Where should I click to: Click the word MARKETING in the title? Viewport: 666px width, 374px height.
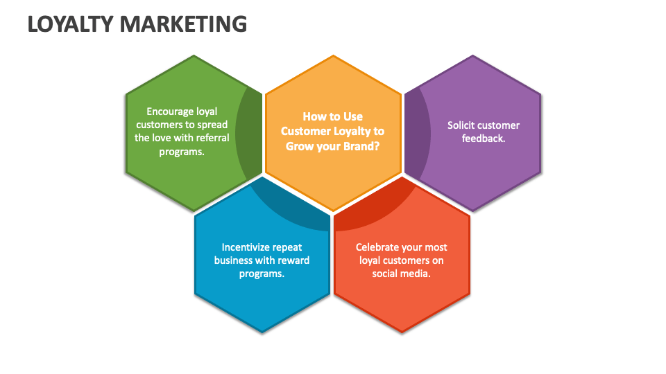(183, 24)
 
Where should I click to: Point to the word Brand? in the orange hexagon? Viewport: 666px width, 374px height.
(361, 146)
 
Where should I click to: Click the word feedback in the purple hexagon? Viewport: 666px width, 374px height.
(483, 138)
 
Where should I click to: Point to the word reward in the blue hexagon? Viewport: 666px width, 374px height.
(294, 260)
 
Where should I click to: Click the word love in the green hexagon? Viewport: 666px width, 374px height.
(164, 137)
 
